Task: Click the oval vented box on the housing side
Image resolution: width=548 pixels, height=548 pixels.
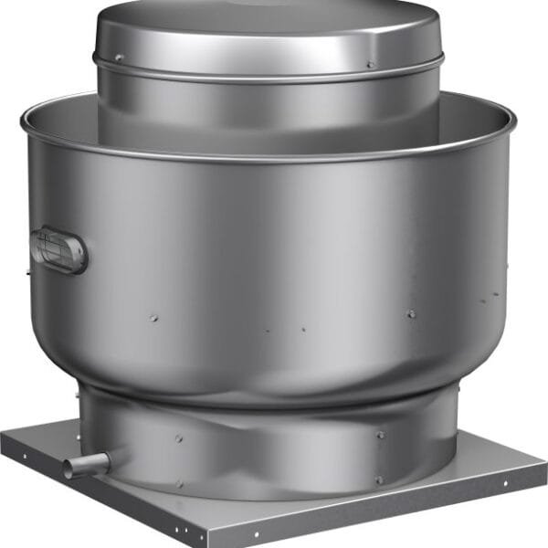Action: click(59, 249)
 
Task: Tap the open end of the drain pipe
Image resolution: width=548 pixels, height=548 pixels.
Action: click(69, 469)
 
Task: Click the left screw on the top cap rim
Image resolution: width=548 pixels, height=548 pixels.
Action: click(118, 58)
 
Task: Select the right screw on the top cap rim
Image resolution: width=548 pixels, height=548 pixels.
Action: click(370, 64)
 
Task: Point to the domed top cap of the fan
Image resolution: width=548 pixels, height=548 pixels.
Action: click(268, 27)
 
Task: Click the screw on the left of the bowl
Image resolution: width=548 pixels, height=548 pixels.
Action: click(153, 319)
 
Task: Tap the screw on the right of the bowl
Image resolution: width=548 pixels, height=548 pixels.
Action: click(412, 313)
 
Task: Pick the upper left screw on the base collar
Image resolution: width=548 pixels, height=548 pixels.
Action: click(179, 437)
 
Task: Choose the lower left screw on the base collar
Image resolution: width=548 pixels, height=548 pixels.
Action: click(179, 482)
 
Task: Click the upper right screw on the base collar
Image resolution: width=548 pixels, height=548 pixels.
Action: click(380, 435)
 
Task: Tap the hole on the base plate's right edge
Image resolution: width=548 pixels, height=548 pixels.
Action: click(502, 483)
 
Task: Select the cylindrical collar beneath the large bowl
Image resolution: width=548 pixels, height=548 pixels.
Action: click(274, 448)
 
